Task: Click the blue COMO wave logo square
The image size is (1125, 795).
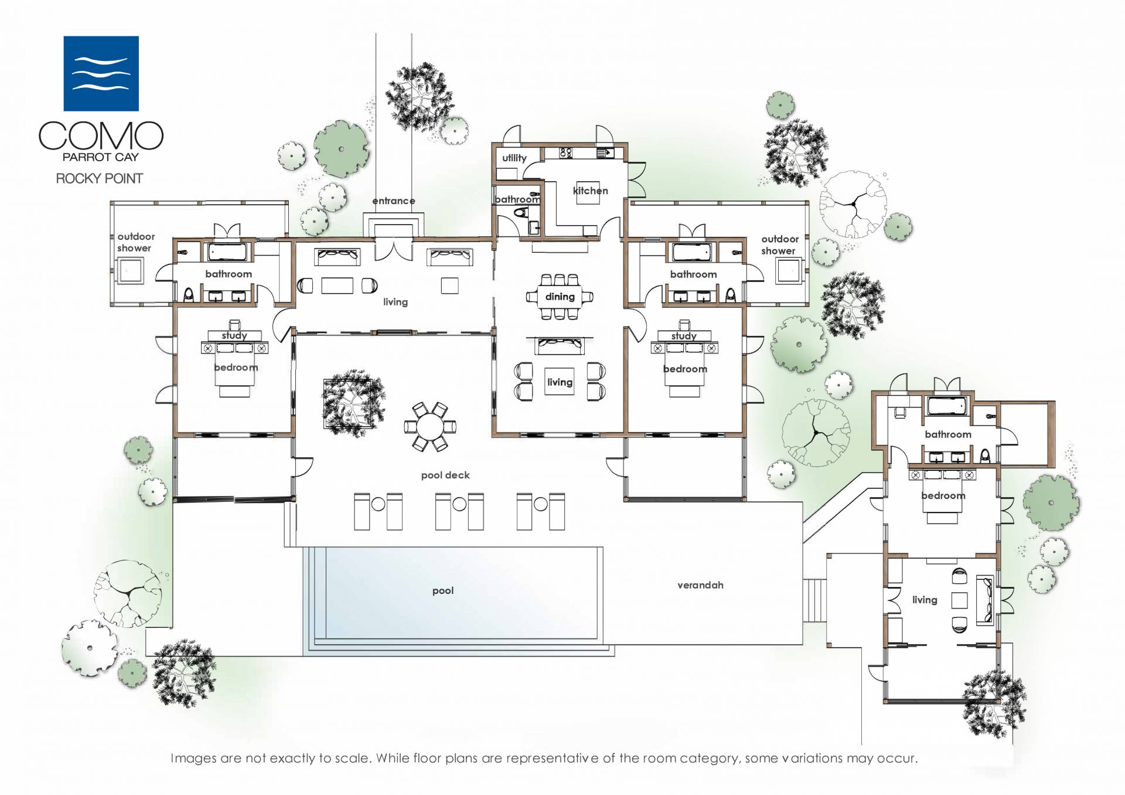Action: click(101, 73)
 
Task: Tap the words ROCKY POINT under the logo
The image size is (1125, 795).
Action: click(100, 178)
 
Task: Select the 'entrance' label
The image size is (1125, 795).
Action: click(394, 201)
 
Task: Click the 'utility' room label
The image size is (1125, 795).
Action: click(514, 158)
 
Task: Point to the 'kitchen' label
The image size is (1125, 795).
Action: click(590, 191)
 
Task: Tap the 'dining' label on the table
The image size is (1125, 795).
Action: click(560, 297)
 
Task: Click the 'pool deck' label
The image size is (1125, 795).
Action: click(445, 475)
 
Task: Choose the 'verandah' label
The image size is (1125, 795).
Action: click(700, 585)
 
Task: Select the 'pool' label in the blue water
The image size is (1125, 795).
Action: click(443, 591)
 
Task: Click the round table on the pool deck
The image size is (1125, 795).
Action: click(431, 426)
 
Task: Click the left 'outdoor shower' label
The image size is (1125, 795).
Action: click(136, 242)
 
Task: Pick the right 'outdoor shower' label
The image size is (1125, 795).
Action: click(779, 245)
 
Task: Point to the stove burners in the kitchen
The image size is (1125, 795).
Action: click(566, 153)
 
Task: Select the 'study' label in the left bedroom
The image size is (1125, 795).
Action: click(234, 335)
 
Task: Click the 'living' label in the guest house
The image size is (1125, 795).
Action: click(925, 600)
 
